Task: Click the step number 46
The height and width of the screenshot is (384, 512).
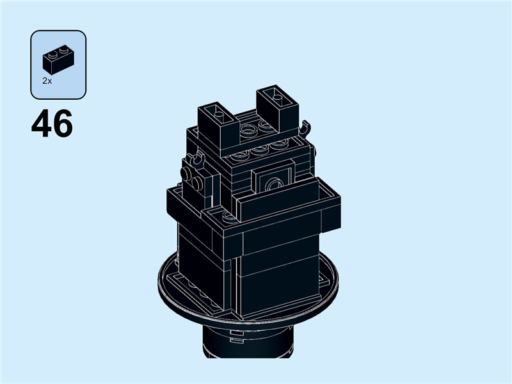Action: pos(52,124)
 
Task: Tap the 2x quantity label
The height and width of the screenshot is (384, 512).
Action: pos(47,81)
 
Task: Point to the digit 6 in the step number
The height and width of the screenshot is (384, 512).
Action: pos(63,124)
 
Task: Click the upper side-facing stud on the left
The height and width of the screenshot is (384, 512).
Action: pos(188,172)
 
